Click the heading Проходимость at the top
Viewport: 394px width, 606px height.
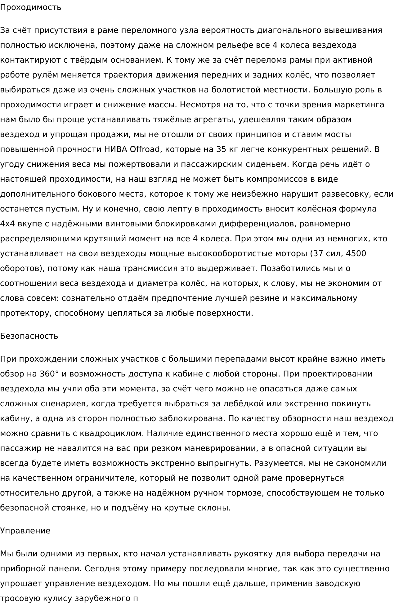tap(30, 7)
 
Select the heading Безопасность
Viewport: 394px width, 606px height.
tap(29, 336)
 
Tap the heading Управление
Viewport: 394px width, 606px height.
tap(25, 531)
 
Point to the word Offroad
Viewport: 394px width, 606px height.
tap(145, 149)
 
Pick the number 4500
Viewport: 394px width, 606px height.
tap(356, 254)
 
